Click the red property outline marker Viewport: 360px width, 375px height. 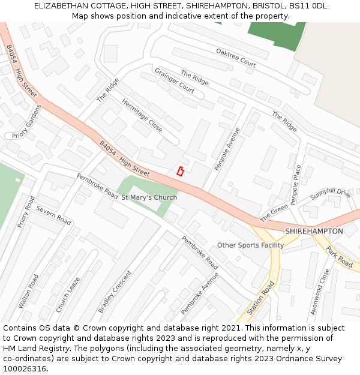click(180, 171)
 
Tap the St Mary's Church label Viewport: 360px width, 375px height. click(149, 197)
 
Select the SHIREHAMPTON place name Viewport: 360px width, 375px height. click(314, 231)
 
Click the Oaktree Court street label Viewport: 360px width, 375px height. click(236, 58)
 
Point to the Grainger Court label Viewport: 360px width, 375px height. click(175, 81)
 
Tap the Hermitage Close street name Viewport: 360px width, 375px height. click(142, 115)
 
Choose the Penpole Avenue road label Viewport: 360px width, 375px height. click(227, 148)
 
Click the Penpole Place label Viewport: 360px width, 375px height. click(295, 185)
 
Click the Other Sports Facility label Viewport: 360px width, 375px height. click(250, 245)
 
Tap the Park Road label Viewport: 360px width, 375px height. click(340, 256)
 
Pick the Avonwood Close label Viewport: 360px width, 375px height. click(325, 291)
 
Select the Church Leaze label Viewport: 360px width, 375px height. click(68, 294)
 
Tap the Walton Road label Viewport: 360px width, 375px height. click(28, 292)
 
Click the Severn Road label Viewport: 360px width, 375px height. click(53, 215)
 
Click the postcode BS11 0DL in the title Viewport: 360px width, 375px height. click(308, 5)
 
